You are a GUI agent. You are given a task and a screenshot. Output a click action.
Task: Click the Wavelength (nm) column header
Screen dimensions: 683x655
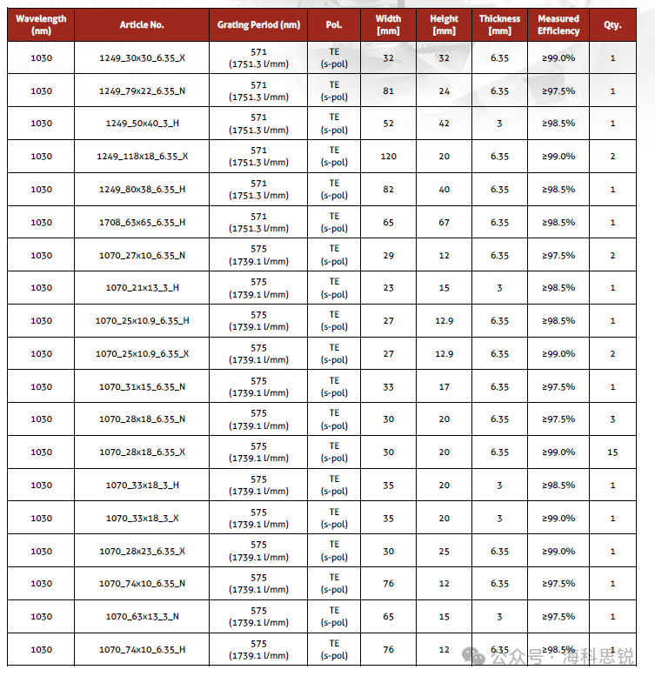[x=41, y=24]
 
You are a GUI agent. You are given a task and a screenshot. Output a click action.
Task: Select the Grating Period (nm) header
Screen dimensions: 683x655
[x=258, y=24]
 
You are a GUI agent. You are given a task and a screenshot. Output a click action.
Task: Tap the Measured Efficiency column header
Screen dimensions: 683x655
[x=558, y=24]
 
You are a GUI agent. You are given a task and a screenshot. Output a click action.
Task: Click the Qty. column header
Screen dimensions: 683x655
[x=612, y=24]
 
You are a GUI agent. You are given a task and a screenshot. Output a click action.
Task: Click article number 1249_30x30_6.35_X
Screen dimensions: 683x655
[x=142, y=57]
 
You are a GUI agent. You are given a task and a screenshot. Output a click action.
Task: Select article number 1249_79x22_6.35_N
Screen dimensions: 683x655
[x=142, y=90]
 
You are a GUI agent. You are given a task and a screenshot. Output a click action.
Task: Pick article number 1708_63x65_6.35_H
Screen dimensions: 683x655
[x=142, y=222]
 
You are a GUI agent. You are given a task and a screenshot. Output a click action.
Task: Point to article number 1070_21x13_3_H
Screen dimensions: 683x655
[x=142, y=288]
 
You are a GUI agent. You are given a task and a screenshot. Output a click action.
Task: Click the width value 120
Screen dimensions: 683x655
[x=388, y=157]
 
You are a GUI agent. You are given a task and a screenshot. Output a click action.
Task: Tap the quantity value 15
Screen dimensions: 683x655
[x=612, y=452]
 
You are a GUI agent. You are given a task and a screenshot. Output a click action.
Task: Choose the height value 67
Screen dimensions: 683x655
[x=444, y=222]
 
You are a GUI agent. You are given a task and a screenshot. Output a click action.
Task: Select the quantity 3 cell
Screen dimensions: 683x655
[x=612, y=419]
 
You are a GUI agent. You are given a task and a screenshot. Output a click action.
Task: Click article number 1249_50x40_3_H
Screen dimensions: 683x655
[x=142, y=124]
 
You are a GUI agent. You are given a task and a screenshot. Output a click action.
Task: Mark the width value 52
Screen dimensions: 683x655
[x=388, y=124]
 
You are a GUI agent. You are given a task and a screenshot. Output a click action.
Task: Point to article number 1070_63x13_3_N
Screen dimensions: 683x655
[x=142, y=617]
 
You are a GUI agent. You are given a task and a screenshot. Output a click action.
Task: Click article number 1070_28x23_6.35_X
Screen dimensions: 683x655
[x=142, y=551]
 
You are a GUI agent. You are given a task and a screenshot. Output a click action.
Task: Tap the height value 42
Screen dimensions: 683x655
[x=444, y=124]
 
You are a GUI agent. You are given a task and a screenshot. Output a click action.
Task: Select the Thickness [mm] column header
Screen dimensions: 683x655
[x=499, y=24]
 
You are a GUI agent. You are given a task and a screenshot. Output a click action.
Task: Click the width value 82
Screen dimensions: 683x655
[x=388, y=189]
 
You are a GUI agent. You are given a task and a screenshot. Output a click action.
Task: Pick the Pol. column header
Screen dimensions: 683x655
[x=334, y=24]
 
